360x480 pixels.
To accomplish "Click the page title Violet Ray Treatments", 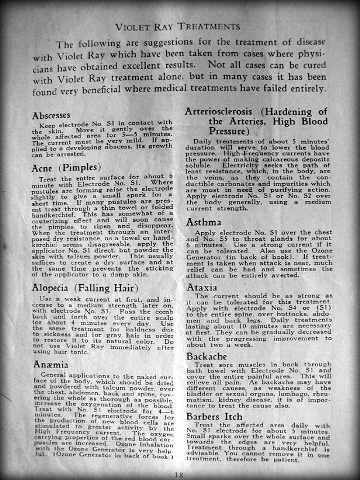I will click(x=178, y=26).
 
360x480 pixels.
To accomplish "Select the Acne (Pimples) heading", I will click(x=66, y=167).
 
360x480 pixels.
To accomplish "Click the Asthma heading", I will click(x=206, y=222).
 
